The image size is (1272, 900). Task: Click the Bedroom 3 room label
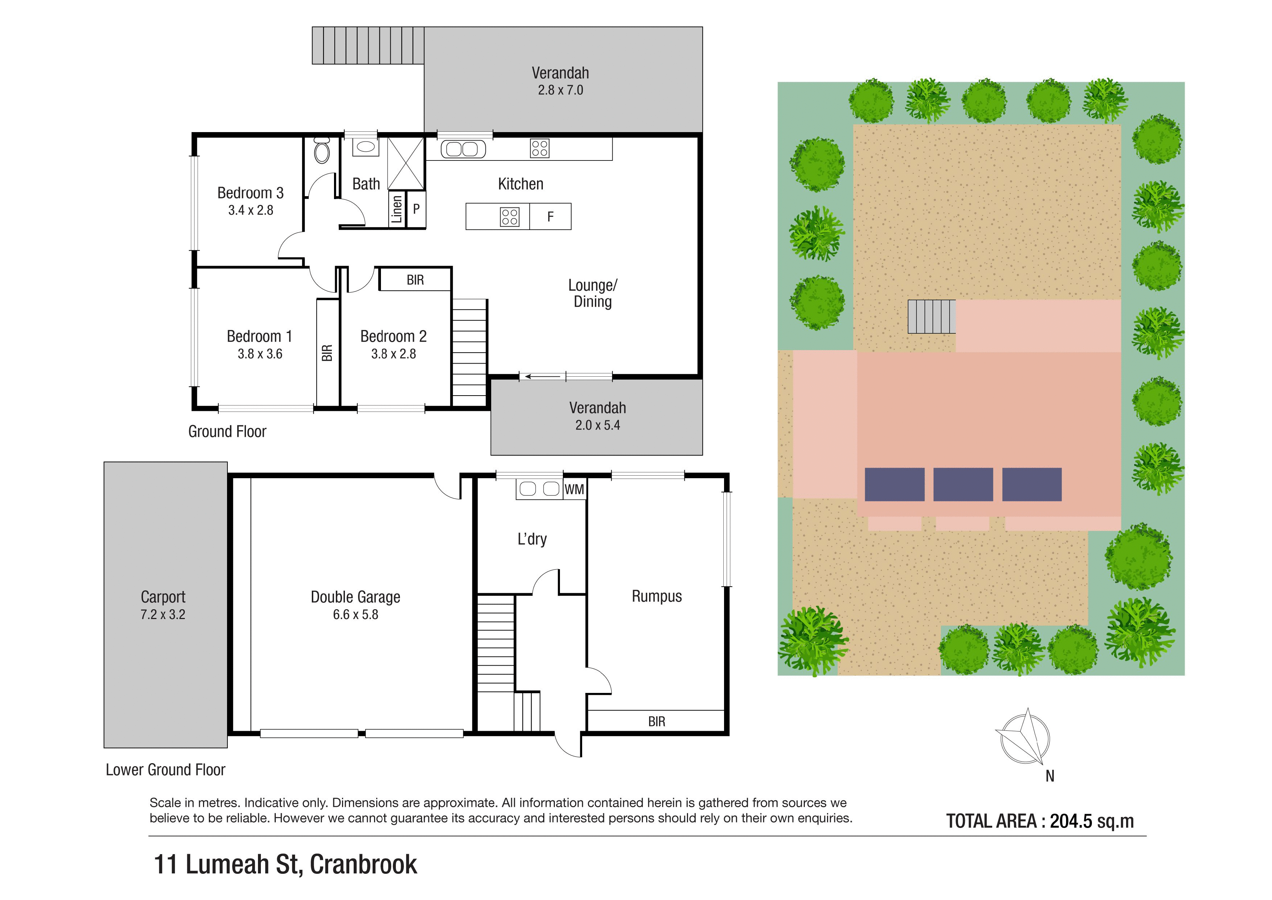250,193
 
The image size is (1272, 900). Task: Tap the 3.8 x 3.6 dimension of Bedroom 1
260,354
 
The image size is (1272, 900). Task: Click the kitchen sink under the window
462,148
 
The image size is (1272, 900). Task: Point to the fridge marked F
550,217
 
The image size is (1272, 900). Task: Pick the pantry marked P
416,209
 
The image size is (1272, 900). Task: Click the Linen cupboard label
397,209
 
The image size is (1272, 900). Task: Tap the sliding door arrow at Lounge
542,377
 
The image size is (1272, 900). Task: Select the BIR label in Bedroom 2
415,280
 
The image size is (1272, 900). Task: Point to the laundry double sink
540,488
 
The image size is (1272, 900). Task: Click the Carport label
163,597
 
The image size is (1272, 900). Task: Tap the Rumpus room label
656,596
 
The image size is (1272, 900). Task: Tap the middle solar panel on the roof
963,484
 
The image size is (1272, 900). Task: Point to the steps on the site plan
931,317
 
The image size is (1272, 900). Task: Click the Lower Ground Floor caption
166,770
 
